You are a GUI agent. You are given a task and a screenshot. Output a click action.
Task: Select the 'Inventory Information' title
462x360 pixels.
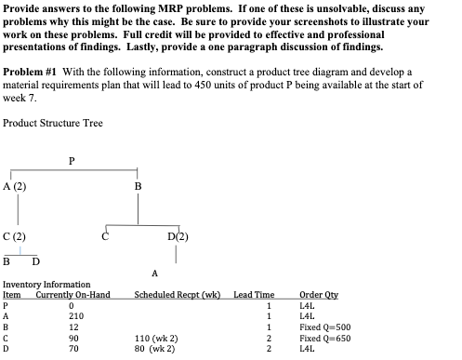pos(46,284)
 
